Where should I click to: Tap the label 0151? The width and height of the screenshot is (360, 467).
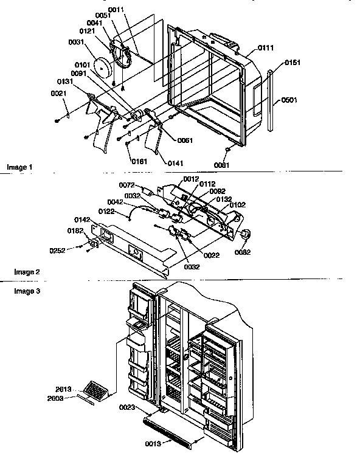(x=292, y=63)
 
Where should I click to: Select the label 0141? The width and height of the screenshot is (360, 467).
(x=175, y=163)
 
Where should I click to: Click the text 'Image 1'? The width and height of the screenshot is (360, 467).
(x=19, y=167)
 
